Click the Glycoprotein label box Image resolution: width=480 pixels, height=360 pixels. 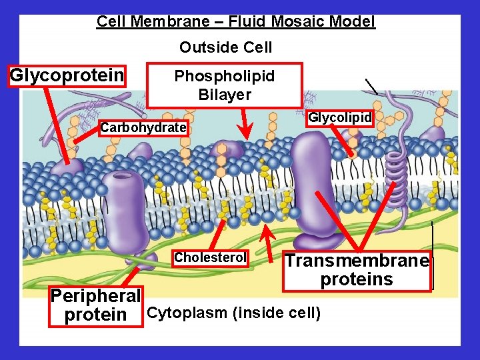tap(67, 75)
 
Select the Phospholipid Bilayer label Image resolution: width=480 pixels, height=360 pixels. tap(225, 85)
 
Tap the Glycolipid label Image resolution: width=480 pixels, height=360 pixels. tap(339, 118)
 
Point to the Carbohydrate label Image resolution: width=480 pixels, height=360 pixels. tap(143, 127)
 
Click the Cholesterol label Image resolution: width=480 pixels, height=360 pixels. tap(210, 257)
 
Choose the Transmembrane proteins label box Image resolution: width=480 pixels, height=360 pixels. tap(357, 270)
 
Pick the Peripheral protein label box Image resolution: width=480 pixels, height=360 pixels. tap(96, 305)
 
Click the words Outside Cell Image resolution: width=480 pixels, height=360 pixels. tap(225, 47)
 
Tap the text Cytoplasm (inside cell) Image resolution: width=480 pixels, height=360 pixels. tap(233, 312)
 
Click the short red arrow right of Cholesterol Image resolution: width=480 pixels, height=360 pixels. tap(267, 237)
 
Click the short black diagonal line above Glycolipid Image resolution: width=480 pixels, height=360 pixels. tap(371, 86)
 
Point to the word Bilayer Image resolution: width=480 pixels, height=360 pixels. tap(225, 94)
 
